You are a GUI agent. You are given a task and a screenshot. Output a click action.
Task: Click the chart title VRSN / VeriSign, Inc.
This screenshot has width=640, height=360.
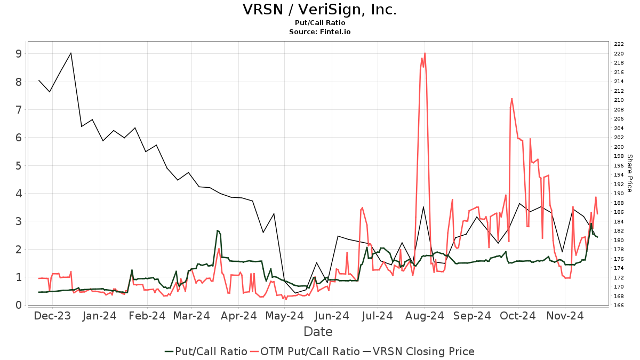[x=319, y=10]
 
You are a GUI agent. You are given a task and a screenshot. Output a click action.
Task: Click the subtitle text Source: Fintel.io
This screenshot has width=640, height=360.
[x=319, y=32]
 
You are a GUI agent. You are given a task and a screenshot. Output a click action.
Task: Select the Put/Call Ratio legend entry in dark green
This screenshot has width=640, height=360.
[x=205, y=351]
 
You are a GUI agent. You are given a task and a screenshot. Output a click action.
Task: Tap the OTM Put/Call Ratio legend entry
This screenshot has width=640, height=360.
[x=306, y=351]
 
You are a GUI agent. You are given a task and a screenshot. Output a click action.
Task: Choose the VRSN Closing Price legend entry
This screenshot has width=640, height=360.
[x=418, y=351]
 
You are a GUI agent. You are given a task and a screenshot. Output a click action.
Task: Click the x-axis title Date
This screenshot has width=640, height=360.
[x=318, y=332]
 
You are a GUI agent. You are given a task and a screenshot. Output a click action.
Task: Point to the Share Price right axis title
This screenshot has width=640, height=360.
[x=629, y=173]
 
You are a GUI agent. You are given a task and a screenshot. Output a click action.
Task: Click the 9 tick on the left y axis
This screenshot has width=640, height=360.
[x=19, y=54]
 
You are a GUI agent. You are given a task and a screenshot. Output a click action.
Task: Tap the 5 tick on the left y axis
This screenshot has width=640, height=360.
[x=19, y=165]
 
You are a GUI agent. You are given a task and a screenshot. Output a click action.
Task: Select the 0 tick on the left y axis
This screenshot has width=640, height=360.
[x=19, y=305]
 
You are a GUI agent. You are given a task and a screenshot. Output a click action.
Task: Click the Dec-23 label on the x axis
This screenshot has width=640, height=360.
[x=52, y=316]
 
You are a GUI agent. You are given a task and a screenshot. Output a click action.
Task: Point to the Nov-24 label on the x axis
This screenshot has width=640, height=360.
[x=565, y=316]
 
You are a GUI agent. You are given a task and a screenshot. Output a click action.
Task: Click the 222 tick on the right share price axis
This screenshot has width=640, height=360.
[x=619, y=44]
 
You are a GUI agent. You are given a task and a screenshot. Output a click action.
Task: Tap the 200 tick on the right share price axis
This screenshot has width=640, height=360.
[x=619, y=147]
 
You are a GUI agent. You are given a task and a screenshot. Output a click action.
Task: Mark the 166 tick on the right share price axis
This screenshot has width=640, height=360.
[x=619, y=305]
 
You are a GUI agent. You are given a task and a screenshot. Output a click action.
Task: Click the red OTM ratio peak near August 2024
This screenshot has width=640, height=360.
[x=425, y=53]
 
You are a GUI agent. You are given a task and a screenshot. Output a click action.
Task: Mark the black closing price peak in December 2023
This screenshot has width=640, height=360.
[x=71, y=53]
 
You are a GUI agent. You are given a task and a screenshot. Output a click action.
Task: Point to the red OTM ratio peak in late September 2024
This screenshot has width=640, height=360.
[x=511, y=99]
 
